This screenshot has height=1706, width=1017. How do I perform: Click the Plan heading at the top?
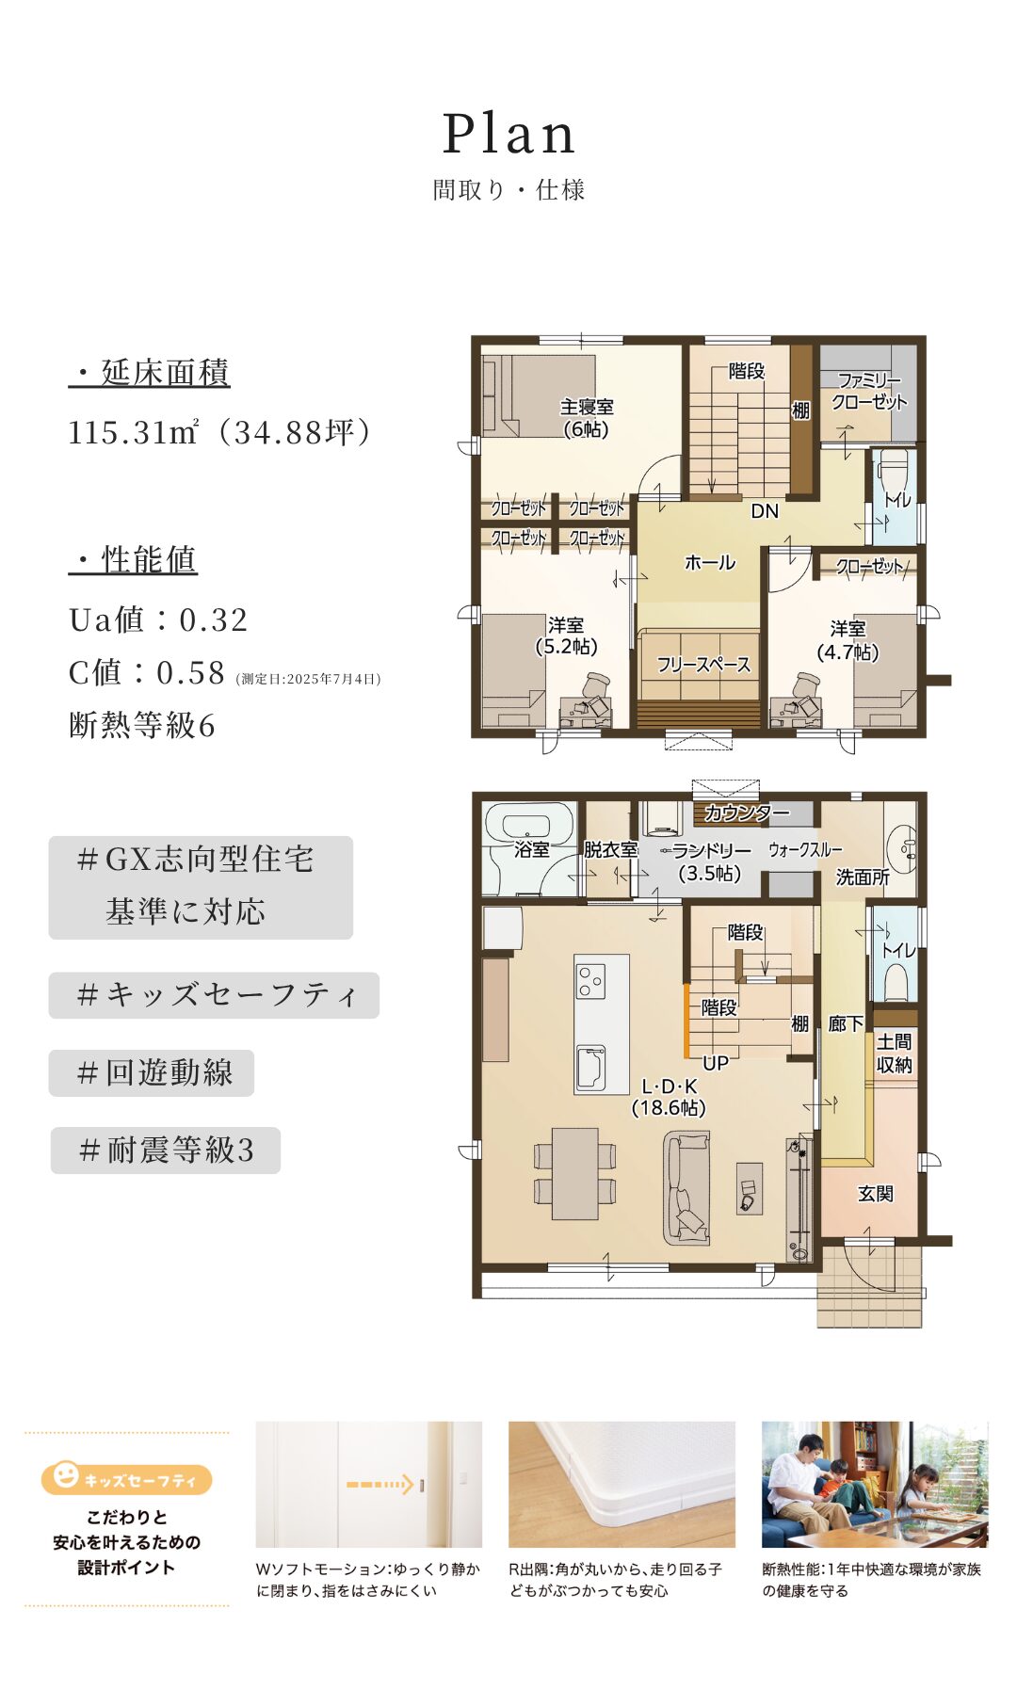coord(508,134)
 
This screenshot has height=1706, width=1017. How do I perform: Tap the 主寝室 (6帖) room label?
coord(586,418)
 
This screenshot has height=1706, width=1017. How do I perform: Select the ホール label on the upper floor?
coord(709,562)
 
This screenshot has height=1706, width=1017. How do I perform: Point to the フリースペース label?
coord(703,665)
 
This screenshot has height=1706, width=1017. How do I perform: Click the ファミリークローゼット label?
coord(868,391)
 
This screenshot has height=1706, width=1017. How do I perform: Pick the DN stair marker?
coord(765,510)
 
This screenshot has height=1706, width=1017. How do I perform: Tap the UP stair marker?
coord(716,1063)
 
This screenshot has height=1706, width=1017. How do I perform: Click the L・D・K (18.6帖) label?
coord(669,1097)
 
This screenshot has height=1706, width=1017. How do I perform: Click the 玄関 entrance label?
coord(875,1193)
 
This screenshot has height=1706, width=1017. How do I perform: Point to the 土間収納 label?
coord(894,1053)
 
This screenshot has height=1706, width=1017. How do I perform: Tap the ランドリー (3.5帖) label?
coord(711,861)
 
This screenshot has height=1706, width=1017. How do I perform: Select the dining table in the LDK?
coord(574,1173)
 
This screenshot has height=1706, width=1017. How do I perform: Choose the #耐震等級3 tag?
coord(166,1150)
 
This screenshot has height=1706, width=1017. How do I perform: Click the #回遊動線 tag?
coord(152,1072)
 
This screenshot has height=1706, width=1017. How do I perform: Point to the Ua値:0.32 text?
coord(158,620)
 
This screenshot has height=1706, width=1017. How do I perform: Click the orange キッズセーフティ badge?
coord(126,1478)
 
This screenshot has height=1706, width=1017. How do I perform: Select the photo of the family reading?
coord(875,1485)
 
